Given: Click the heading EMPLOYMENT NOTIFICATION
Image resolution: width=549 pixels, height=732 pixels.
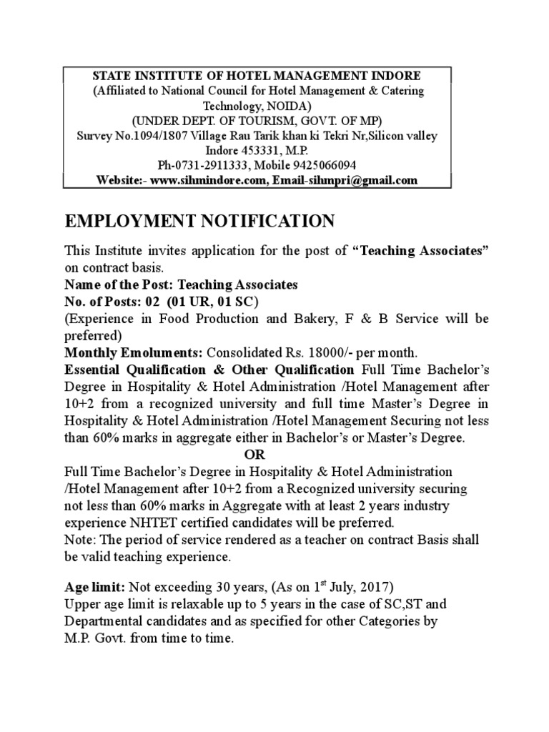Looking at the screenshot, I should pos(199,222).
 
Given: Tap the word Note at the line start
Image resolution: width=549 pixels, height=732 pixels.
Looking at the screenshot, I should pos(78,539).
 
